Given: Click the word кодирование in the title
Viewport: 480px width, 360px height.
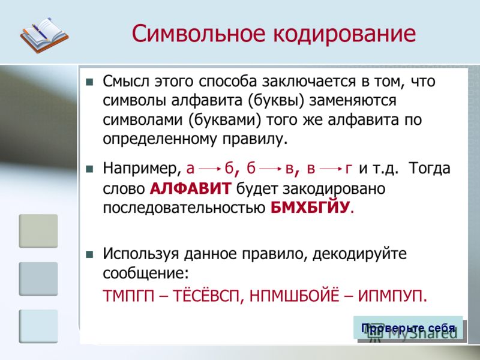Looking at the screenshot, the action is [344, 34].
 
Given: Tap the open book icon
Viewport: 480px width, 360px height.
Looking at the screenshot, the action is [44, 35].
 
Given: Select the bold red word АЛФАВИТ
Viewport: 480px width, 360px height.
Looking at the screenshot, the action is [190, 188].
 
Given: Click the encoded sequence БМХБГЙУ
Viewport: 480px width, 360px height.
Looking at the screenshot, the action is [310, 207].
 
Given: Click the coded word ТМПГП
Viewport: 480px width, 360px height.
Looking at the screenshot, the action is [128, 295].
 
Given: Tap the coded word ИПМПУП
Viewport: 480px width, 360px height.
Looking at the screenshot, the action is [392, 295].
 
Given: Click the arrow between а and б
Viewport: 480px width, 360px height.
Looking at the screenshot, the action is [209, 169].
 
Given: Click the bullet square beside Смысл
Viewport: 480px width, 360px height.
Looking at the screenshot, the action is [89, 82].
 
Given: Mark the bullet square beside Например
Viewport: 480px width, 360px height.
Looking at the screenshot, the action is [89, 169].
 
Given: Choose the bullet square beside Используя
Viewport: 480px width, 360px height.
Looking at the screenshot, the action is [89, 254].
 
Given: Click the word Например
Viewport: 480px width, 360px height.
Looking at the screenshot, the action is [142, 169].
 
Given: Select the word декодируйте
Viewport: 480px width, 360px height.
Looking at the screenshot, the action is [359, 254].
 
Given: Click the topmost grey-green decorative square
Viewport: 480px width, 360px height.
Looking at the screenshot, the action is [38, 231].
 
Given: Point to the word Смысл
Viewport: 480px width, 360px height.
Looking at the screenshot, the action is [126, 82].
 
